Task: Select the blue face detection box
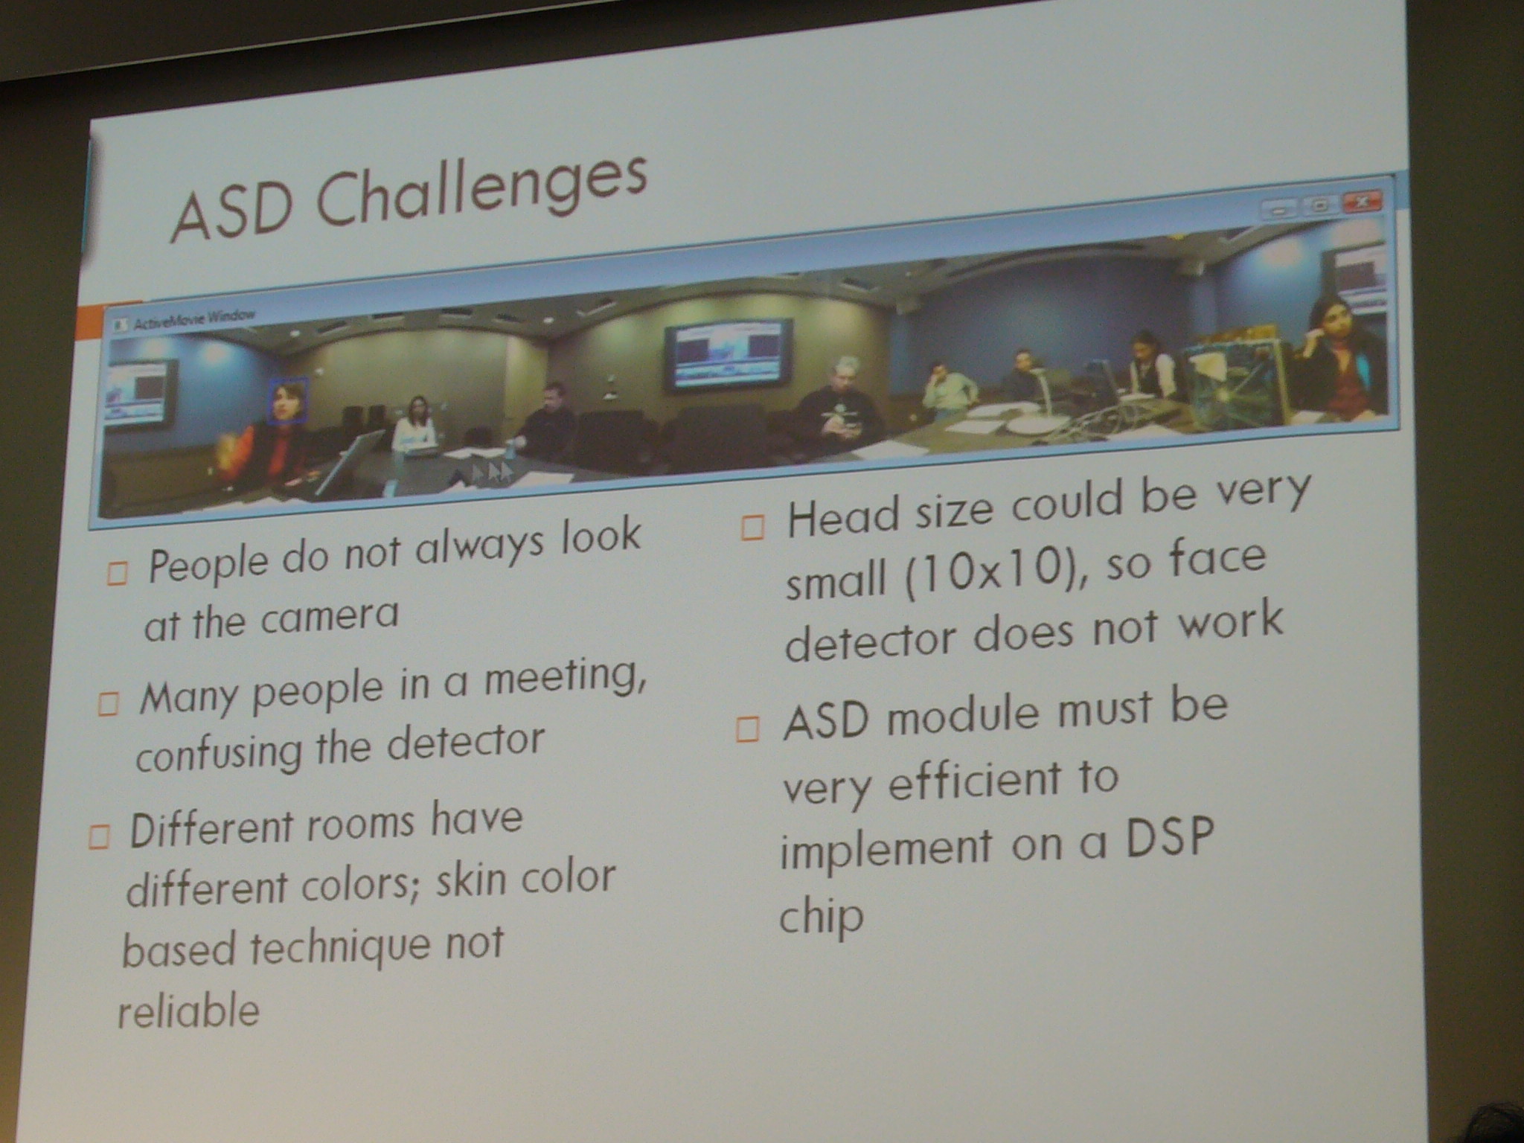point(289,402)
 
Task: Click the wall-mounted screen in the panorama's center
point(728,353)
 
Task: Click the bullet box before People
point(118,572)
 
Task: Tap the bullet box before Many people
point(108,703)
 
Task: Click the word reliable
point(189,1011)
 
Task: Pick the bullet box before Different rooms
point(99,837)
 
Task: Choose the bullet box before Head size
point(753,528)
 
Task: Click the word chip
point(821,918)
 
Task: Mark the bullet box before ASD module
point(748,729)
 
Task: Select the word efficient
point(975,781)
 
